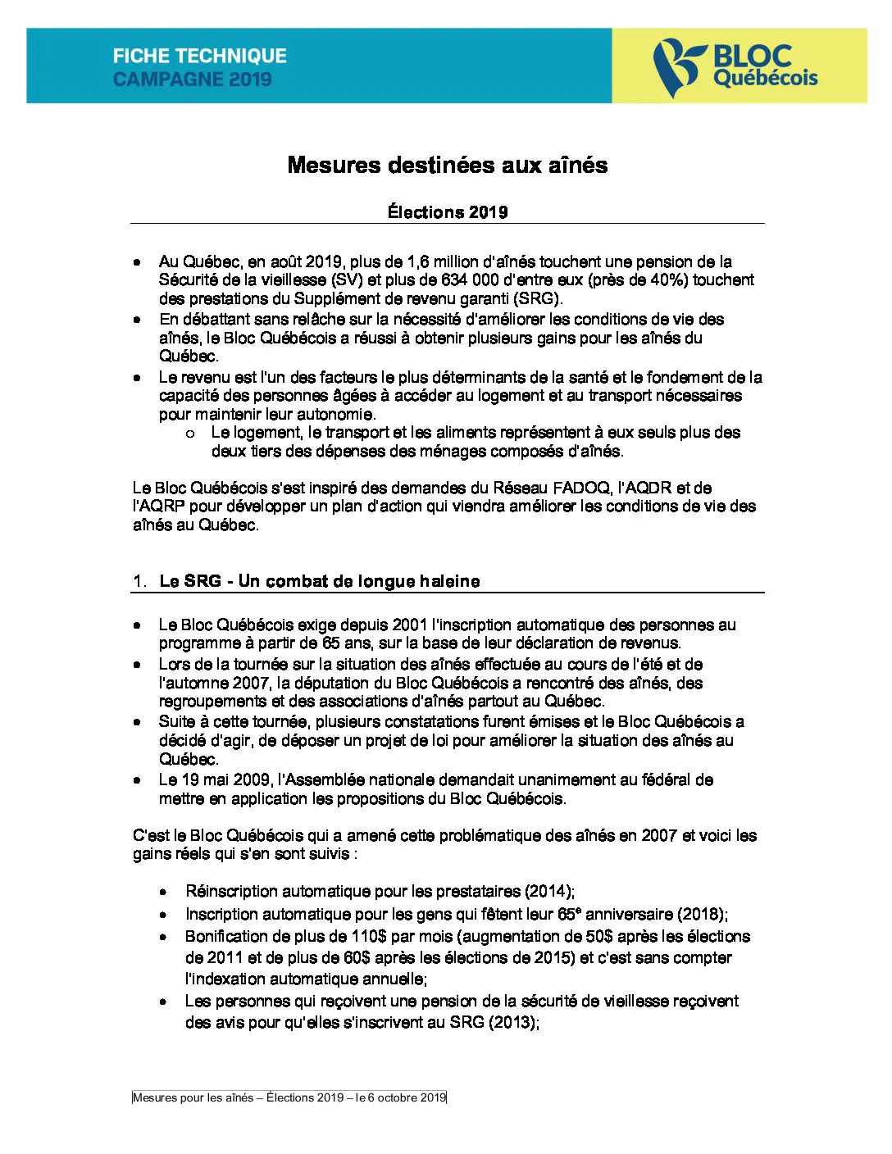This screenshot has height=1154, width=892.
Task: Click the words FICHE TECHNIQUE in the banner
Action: coord(199,56)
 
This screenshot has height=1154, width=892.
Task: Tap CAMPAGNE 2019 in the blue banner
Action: coord(192,80)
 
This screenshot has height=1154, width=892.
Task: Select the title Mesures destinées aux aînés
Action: coord(447,165)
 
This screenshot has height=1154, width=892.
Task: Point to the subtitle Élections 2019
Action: coord(447,212)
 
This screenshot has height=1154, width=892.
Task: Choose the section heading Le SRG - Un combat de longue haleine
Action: coord(320,581)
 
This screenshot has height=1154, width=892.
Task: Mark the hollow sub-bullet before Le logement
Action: coord(190,434)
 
